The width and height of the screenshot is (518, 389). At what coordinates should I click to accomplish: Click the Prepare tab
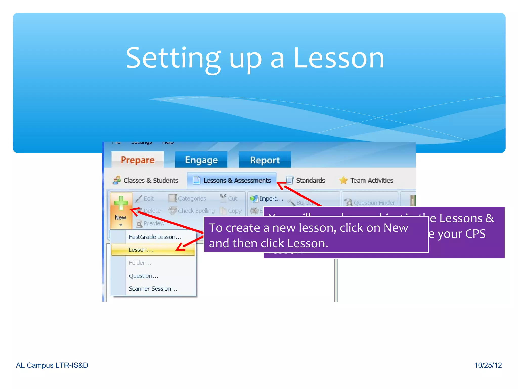[137, 160]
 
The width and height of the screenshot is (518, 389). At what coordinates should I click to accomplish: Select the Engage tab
[201, 160]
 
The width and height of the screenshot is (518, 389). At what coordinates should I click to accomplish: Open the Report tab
[265, 160]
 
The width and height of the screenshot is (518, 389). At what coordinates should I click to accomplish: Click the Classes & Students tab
[146, 180]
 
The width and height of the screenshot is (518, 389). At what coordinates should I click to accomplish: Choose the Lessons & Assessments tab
[232, 180]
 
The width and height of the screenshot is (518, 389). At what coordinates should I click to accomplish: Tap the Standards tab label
[310, 180]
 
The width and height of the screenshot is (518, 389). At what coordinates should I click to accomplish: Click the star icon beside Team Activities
[343, 180]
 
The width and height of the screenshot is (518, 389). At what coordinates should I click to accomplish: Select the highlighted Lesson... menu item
[141, 250]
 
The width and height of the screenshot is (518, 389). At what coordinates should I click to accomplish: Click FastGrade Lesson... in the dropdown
[155, 237]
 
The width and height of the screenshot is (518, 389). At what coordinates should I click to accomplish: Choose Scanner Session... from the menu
[153, 289]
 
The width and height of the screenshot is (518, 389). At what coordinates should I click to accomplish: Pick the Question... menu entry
[143, 276]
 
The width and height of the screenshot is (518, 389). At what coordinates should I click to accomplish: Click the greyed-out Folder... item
[140, 263]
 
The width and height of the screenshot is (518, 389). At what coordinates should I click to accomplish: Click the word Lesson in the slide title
[339, 58]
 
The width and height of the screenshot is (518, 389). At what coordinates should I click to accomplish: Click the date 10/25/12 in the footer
[488, 365]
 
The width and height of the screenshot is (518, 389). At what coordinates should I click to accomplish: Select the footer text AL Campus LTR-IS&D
[52, 365]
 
